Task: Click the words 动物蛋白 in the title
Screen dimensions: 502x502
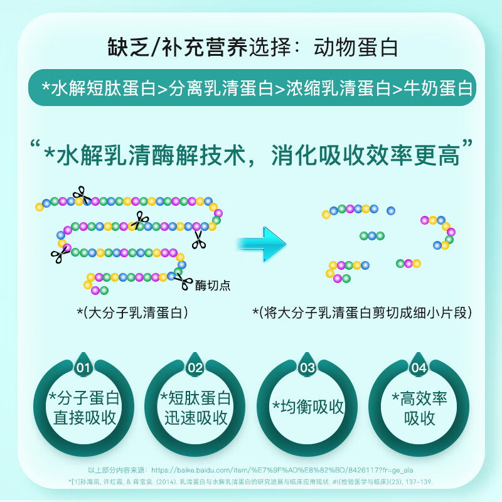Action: [x=356, y=48]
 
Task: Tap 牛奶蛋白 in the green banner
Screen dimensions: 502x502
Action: [x=438, y=88]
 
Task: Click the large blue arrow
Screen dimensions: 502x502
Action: [x=261, y=243]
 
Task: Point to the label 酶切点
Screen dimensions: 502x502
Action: [x=213, y=286]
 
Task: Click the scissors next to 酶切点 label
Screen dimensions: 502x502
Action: [x=183, y=281]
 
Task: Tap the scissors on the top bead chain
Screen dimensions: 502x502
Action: [x=82, y=195]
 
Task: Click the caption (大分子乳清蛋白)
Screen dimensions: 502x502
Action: [x=132, y=312]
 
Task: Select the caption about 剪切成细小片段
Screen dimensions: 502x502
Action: [x=362, y=312]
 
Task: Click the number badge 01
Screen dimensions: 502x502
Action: [x=83, y=367]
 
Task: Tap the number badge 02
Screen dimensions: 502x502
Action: [x=195, y=367]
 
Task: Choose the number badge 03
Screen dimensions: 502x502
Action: [x=307, y=367]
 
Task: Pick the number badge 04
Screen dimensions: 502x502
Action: [x=419, y=367]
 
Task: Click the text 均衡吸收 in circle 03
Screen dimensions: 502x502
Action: [x=312, y=407]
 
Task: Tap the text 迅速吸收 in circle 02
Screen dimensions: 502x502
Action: [x=196, y=418]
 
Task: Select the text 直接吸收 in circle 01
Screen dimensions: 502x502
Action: [x=85, y=418]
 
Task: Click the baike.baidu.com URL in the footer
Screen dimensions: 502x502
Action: [x=282, y=470]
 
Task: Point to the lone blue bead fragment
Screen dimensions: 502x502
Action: [x=391, y=210]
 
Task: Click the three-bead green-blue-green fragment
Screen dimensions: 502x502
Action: [x=372, y=236]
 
